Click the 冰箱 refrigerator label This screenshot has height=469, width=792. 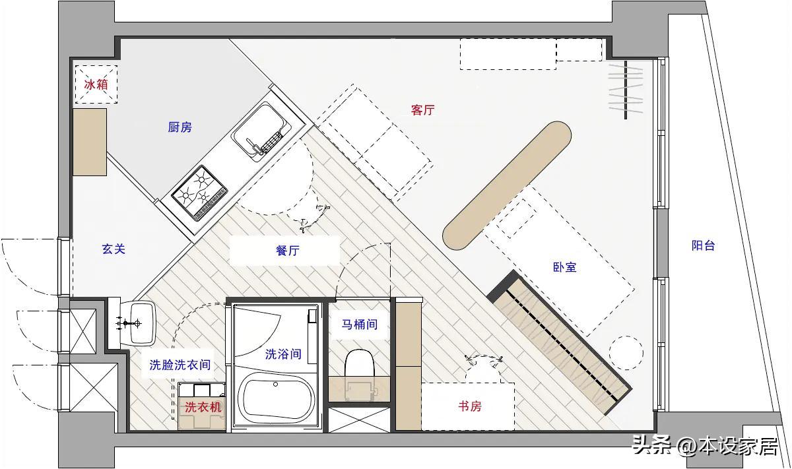pyautogui.click(x=96, y=84)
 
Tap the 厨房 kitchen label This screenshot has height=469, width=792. pyautogui.click(x=180, y=127)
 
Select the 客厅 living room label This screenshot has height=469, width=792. pyautogui.click(x=422, y=110)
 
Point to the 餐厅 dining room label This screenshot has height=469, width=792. pyautogui.click(x=288, y=251)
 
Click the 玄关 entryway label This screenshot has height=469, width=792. pyautogui.click(x=114, y=249)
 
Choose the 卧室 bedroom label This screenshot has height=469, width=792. pyautogui.click(x=565, y=267)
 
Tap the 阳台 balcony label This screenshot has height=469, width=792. pyautogui.click(x=704, y=245)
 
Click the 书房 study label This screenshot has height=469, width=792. pyautogui.click(x=470, y=406)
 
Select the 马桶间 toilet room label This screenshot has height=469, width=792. pyautogui.click(x=360, y=324)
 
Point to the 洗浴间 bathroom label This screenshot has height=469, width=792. pyautogui.click(x=283, y=354)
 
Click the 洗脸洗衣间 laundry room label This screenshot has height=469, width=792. pyautogui.click(x=180, y=365)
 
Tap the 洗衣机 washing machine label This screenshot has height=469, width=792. pyautogui.click(x=203, y=408)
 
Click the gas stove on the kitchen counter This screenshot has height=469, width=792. pyautogui.click(x=200, y=193)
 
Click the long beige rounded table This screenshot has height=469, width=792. pyautogui.click(x=507, y=186)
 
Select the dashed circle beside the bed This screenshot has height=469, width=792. pyautogui.click(x=626, y=353)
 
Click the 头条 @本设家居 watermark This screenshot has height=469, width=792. pyautogui.click(x=705, y=446)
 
